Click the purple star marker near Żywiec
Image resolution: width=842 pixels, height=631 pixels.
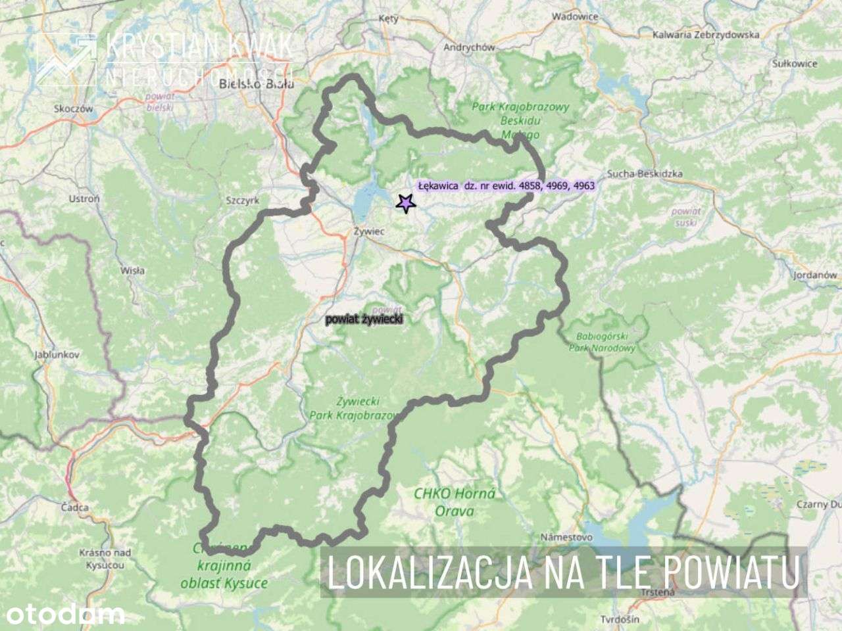(407, 203)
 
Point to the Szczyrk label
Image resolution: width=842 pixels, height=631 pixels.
(243, 200)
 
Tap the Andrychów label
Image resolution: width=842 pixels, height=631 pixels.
(469, 47)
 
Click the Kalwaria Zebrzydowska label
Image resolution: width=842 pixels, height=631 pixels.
(705, 34)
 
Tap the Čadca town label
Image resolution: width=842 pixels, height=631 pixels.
(74, 507)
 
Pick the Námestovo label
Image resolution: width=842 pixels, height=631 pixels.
(566, 537)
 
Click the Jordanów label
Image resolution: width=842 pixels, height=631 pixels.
(815, 275)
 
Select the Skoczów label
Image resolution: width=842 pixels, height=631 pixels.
(74, 108)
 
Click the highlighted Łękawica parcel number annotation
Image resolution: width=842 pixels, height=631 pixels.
(506, 186)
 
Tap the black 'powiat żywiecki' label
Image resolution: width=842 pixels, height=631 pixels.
(364, 319)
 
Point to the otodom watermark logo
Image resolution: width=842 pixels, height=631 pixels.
(63, 615)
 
